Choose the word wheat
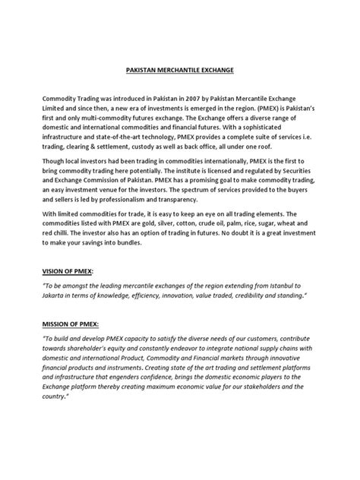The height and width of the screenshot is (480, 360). pyautogui.click(x=305, y=226)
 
